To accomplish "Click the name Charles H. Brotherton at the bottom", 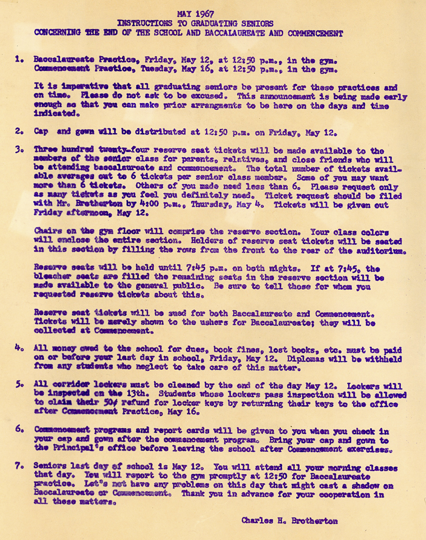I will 290,521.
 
